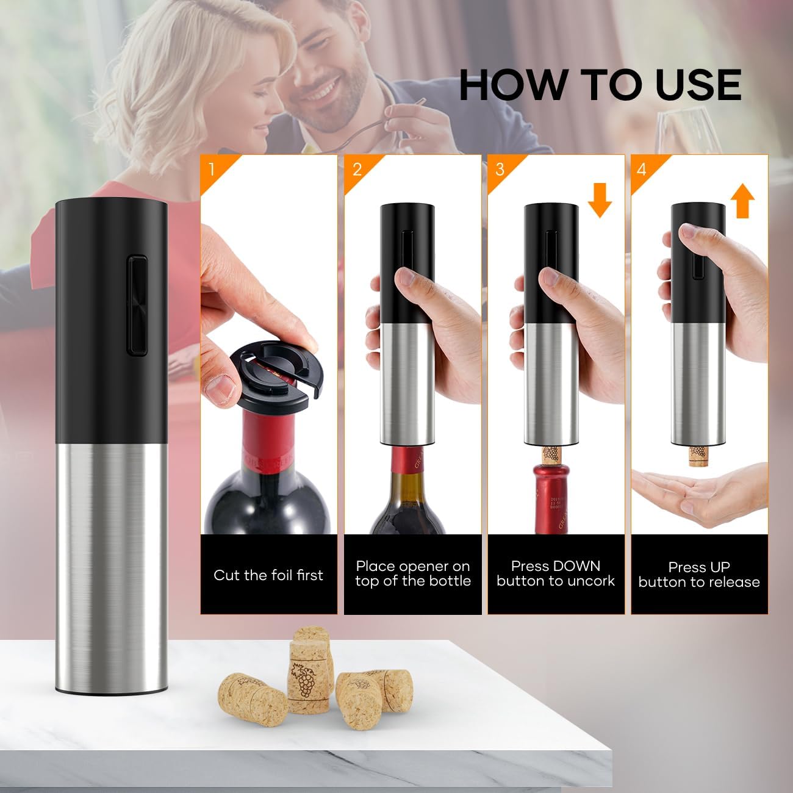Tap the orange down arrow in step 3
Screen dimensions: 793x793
(x=600, y=201)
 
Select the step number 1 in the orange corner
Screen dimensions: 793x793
(x=212, y=169)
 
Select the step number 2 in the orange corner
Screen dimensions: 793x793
(x=357, y=169)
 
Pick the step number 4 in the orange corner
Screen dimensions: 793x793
(x=642, y=169)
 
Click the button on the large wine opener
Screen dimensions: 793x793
(x=137, y=306)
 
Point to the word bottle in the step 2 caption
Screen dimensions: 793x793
(x=451, y=581)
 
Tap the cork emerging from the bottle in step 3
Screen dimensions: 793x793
(x=551, y=455)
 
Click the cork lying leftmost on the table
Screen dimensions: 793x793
(x=253, y=700)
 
